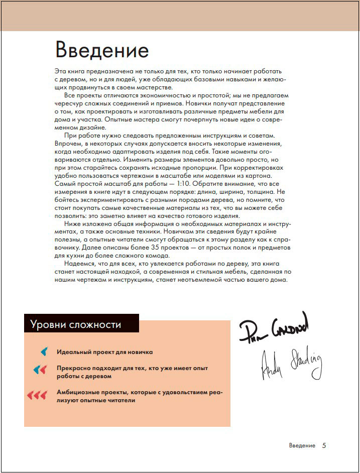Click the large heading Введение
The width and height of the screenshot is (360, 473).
[x=102, y=51]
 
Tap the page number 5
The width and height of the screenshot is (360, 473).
[x=324, y=445]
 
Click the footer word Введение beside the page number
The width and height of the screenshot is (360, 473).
[x=302, y=446]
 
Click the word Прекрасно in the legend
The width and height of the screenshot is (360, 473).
[x=72, y=368]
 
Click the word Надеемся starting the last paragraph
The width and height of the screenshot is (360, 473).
[x=81, y=264]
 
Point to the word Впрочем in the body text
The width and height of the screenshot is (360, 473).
[x=68, y=144]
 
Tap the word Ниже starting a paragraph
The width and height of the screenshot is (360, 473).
[x=73, y=224]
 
